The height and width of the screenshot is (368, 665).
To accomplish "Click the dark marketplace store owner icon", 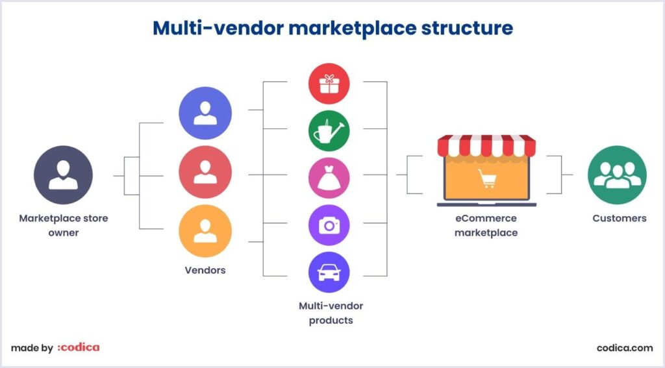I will point(63,175).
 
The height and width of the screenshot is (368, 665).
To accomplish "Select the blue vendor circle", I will point(205,114).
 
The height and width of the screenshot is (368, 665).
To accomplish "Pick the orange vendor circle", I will point(205,231).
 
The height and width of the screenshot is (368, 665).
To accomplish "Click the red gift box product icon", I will point(329,84).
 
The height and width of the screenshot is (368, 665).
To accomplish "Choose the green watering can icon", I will point(329,131).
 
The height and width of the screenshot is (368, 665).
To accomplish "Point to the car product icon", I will point(329,273).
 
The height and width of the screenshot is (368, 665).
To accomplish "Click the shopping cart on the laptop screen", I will point(486,178).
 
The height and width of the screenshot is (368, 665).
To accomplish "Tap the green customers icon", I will point(617,175).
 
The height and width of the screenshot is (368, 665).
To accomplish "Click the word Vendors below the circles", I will point(205,269).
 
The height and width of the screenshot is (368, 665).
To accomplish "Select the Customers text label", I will point(619,219).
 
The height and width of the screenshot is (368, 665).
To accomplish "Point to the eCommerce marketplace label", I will point(486,226).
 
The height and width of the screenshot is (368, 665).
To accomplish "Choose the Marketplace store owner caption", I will point(63,225).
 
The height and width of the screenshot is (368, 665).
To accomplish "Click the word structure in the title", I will point(465,28).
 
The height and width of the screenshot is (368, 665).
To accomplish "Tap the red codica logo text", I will point(79,348).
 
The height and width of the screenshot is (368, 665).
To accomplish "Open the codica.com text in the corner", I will point(624,348).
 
